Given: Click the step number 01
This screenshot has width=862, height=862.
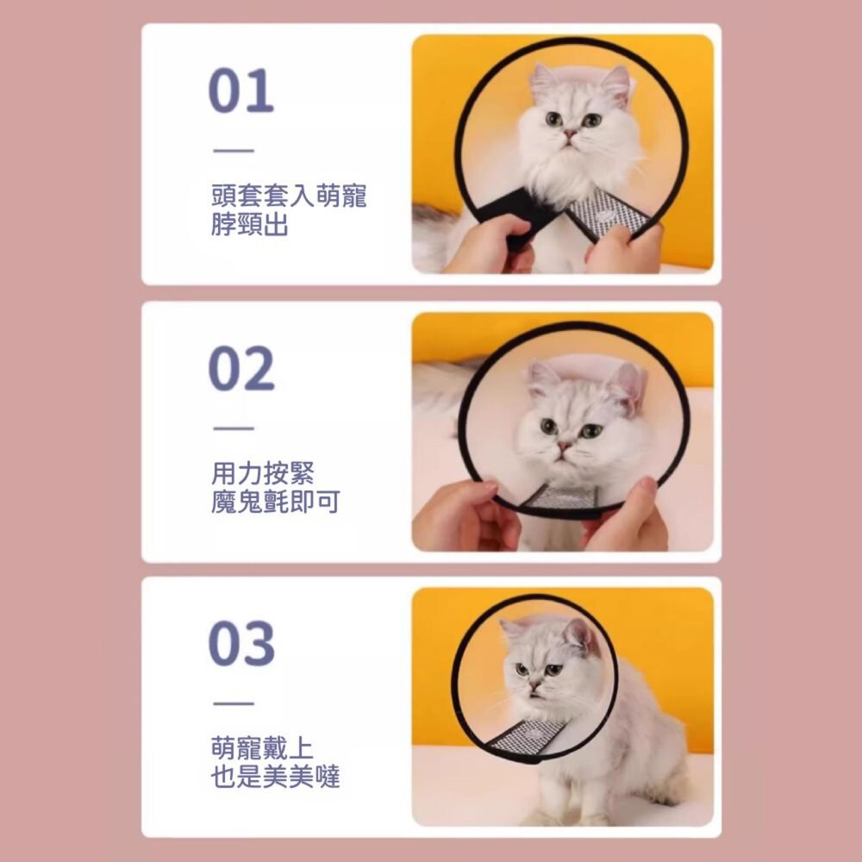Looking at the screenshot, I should pyautogui.click(x=240, y=92).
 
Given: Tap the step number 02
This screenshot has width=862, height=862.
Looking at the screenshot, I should pyautogui.click(x=240, y=368).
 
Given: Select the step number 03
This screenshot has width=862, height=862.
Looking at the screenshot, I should pyautogui.click(x=240, y=644).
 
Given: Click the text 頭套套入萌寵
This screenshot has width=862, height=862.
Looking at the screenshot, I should pyautogui.click(x=289, y=197).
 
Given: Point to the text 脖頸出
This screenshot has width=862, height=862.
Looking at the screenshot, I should pyautogui.click(x=250, y=226).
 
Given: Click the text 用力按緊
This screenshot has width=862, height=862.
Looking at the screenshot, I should pyautogui.click(x=263, y=472).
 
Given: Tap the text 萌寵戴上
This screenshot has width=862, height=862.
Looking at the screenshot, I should pyautogui.click(x=263, y=748).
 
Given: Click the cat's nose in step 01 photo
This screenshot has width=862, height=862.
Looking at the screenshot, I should pyautogui.click(x=570, y=134).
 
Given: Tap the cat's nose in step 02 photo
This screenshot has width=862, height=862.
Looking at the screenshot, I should pyautogui.click(x=565, y=447).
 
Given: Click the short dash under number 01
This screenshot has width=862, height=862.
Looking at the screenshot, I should pyautogui.click(x=233, y=152).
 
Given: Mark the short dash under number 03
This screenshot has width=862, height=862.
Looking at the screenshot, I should pyautogui.click(x=233, y=703).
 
